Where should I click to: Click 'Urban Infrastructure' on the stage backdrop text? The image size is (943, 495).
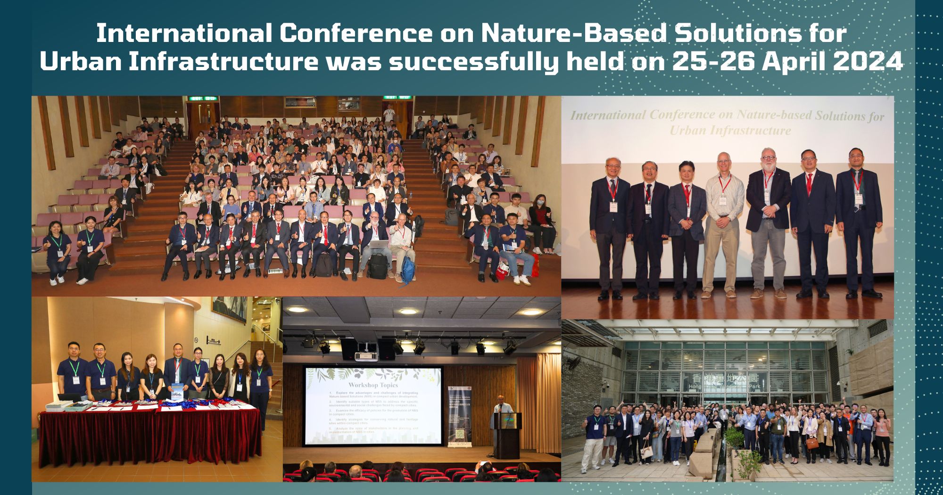730,131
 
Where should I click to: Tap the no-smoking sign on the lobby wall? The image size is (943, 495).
196,340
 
